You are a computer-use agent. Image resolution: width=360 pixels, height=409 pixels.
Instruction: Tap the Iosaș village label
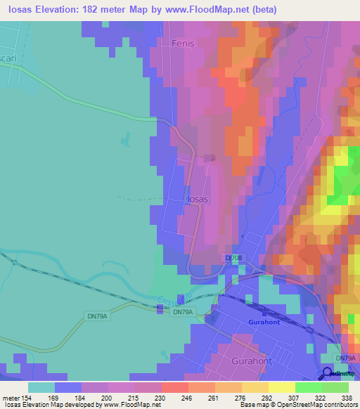[198, 199]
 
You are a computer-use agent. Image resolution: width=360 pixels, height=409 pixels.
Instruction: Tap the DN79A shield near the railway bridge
[182, 312]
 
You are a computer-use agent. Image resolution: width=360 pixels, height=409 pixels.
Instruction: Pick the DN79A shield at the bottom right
[345, 358]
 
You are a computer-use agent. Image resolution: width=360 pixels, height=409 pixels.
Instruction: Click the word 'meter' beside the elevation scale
[11, 397]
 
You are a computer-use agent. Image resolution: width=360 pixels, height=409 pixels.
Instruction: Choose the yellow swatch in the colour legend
[282, 387]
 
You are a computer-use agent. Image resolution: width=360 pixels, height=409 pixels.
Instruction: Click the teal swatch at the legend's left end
[41, 387]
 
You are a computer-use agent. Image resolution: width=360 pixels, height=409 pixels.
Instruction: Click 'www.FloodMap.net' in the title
[210, 10]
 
